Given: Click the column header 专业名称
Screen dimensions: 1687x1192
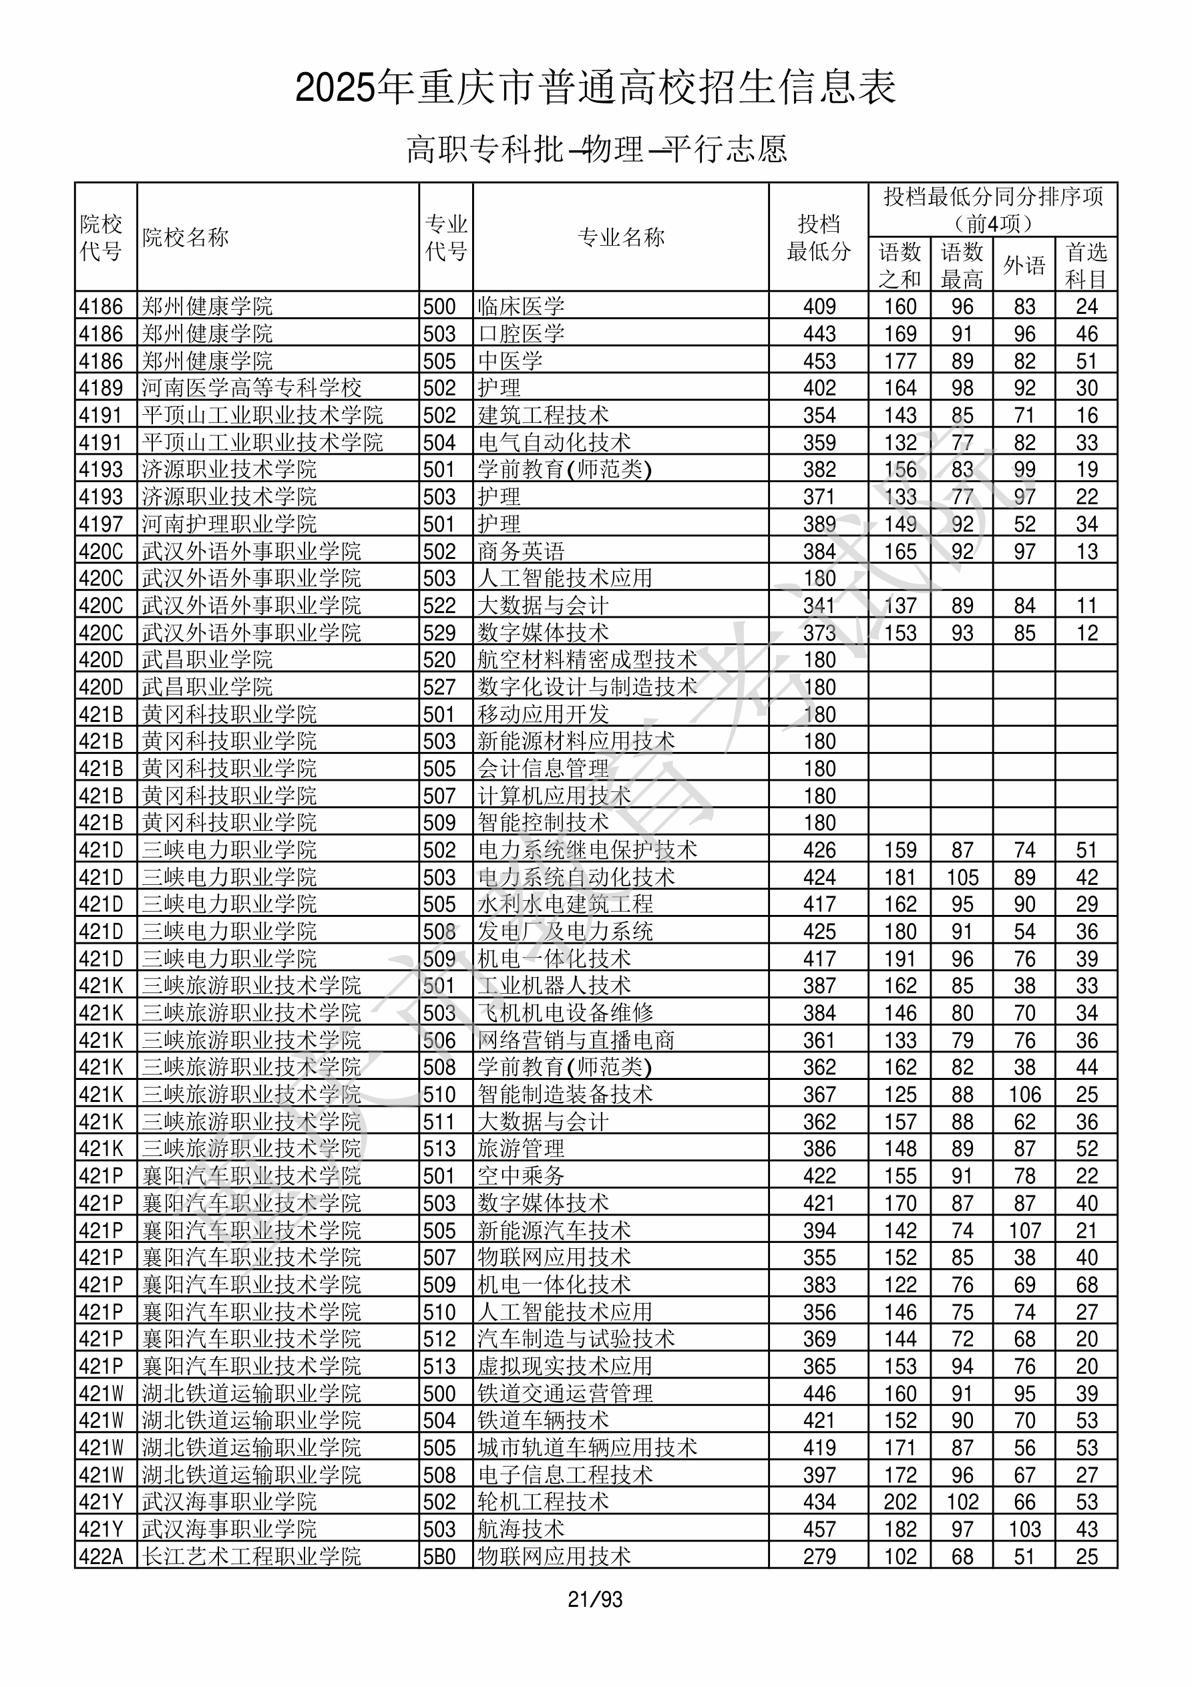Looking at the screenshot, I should pyautogui.click(x=621, y=237).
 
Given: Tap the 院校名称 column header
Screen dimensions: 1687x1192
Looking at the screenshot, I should pyautogui.click(x=186, y=237).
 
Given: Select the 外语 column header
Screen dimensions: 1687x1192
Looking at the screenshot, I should pyautogui.click(x=1024, y=264).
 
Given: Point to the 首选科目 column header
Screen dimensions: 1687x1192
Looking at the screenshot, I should pyautogui.click(x=1086, y=264).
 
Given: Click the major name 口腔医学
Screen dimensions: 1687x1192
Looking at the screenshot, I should pyautogui.click(x=521, y=333).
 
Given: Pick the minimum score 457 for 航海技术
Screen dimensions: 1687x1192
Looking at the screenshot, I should pyautogui.click(x=819, y=1529).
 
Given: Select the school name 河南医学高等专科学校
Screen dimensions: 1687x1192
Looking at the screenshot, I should pyautogui.click(x=251, y=388).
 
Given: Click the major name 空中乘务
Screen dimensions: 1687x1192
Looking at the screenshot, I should pyautogui.click(x=521, y=1175).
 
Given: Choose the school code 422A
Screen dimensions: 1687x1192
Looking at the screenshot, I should pyautogui.click(x=101, y=1556).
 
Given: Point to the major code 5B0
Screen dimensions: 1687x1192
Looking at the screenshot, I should pyautogui.click(x=439, y=1556).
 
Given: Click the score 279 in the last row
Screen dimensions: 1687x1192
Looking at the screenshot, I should pyautogui.click(x=819, y=1556).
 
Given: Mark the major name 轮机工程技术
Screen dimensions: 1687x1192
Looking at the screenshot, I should pyautogui.click(x=543, y=1502).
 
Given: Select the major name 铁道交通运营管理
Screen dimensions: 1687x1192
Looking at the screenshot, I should pyautogui.click(x=564, y=1393).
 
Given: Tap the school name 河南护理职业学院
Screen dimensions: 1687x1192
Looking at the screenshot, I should pyautogui.click(x=229, y=524).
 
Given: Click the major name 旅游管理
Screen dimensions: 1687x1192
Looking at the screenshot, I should pyautogui.click(x=521, y=1149).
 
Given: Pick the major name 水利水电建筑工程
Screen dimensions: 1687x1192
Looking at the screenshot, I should pyautogui.click(x=564, y=904).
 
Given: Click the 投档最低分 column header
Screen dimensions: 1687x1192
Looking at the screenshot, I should pyautogui.click(x=819, y=237).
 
